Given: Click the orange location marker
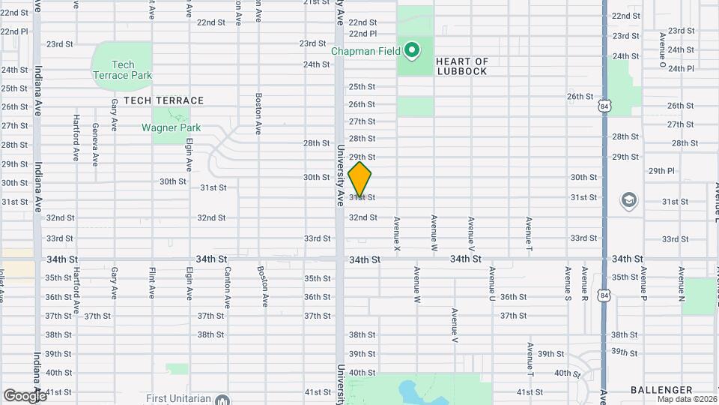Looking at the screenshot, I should (x=359, y=180).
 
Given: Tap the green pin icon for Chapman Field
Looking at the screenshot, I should (x=411, y=51).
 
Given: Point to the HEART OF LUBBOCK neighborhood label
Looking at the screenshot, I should (x=461, y=67).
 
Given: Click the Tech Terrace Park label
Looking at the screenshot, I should (x=122, y=70).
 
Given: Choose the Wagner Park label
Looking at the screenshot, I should (x=171, y=127).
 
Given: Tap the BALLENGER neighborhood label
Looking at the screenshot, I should (x=661, y=390).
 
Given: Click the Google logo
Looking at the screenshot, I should (x=24, y=395).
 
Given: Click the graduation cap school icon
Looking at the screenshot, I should (x=628, y=200).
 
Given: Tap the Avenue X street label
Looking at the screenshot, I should (x=397, y=233).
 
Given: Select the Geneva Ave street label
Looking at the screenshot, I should (x=95, y=144).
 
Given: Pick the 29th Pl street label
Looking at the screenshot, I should (x=661, y=171).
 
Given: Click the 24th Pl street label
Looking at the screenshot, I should (x=681, y=68).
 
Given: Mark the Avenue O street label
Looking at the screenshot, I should (x=662, y=49).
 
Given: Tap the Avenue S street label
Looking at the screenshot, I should (x=568, y=283).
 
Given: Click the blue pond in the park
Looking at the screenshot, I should (x=410, y=391).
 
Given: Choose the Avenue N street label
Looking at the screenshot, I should (x=681, y=283).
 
